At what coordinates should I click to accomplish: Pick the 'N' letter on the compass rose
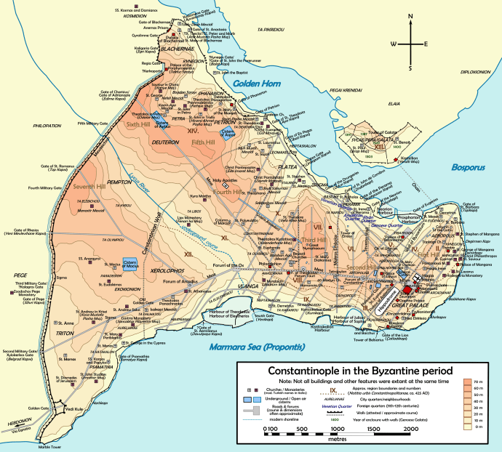[412, 27]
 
